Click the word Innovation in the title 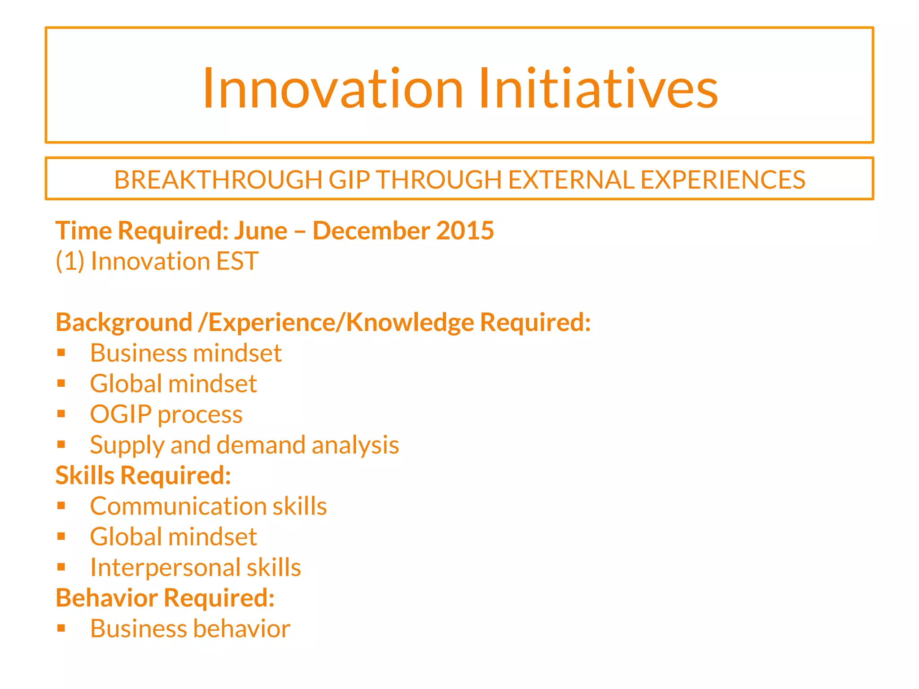(x=333, y=88)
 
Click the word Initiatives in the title (x=598, y=88)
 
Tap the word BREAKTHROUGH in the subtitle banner (x=218, y=180)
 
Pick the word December (x=371, y=231)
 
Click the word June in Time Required (x=261, y=231)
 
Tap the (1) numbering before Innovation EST (x=70, y=262)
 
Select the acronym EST (x=237, y=262)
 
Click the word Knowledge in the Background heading (x=410, y=323)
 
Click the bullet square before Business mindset (x=61, y=353)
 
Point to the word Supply (x=127, y=445)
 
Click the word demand (x=261, y=445)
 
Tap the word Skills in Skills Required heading (x=85, y=475)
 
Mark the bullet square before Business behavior (x=61, y=628)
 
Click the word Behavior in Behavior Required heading (x=107, y=598)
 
